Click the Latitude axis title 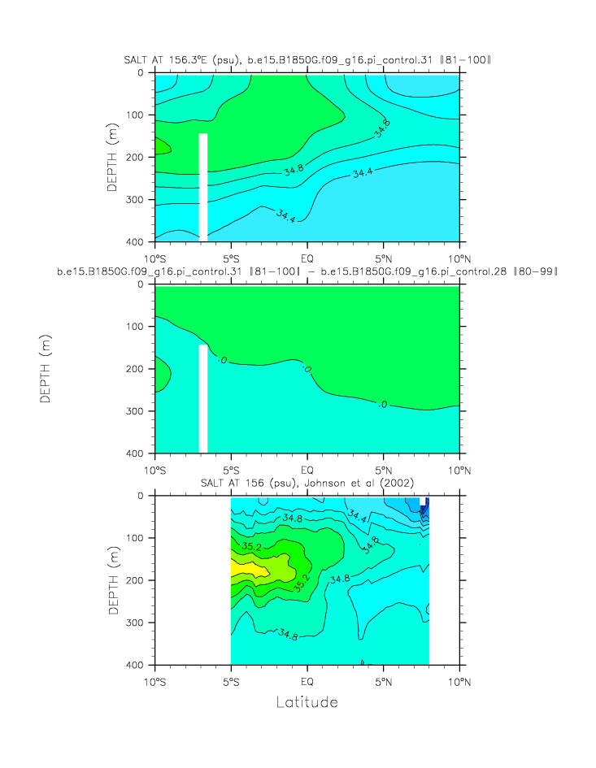307,701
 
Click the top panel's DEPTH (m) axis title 113,157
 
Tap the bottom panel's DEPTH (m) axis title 113,580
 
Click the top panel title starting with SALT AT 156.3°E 307,60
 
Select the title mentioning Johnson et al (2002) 307,484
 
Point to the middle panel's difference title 307,271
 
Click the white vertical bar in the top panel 203,187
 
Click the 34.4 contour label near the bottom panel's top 358,514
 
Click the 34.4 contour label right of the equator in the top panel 363,172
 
